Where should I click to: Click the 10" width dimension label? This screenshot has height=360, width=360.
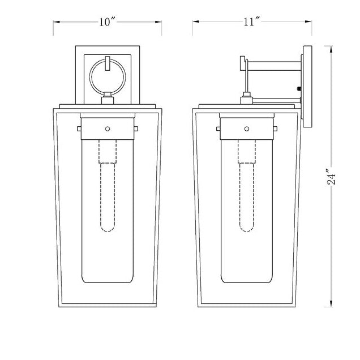tap(107, 22)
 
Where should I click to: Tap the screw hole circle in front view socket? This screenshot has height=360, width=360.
tap(107, 128)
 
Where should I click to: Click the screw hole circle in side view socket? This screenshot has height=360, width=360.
tap(247, 128)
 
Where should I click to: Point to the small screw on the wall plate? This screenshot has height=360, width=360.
tap(298, 88)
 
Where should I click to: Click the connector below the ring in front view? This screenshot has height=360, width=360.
tap(107, 101)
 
